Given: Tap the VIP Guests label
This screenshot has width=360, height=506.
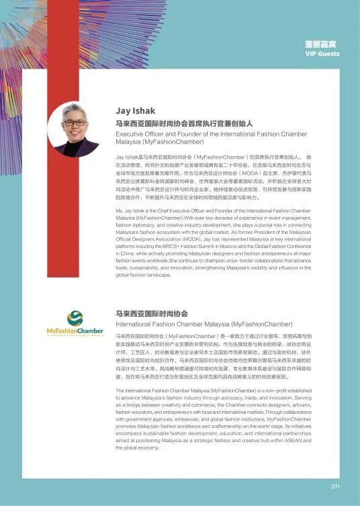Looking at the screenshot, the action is point(322,53).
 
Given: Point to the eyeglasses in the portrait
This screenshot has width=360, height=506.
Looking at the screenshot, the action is point(75,122).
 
